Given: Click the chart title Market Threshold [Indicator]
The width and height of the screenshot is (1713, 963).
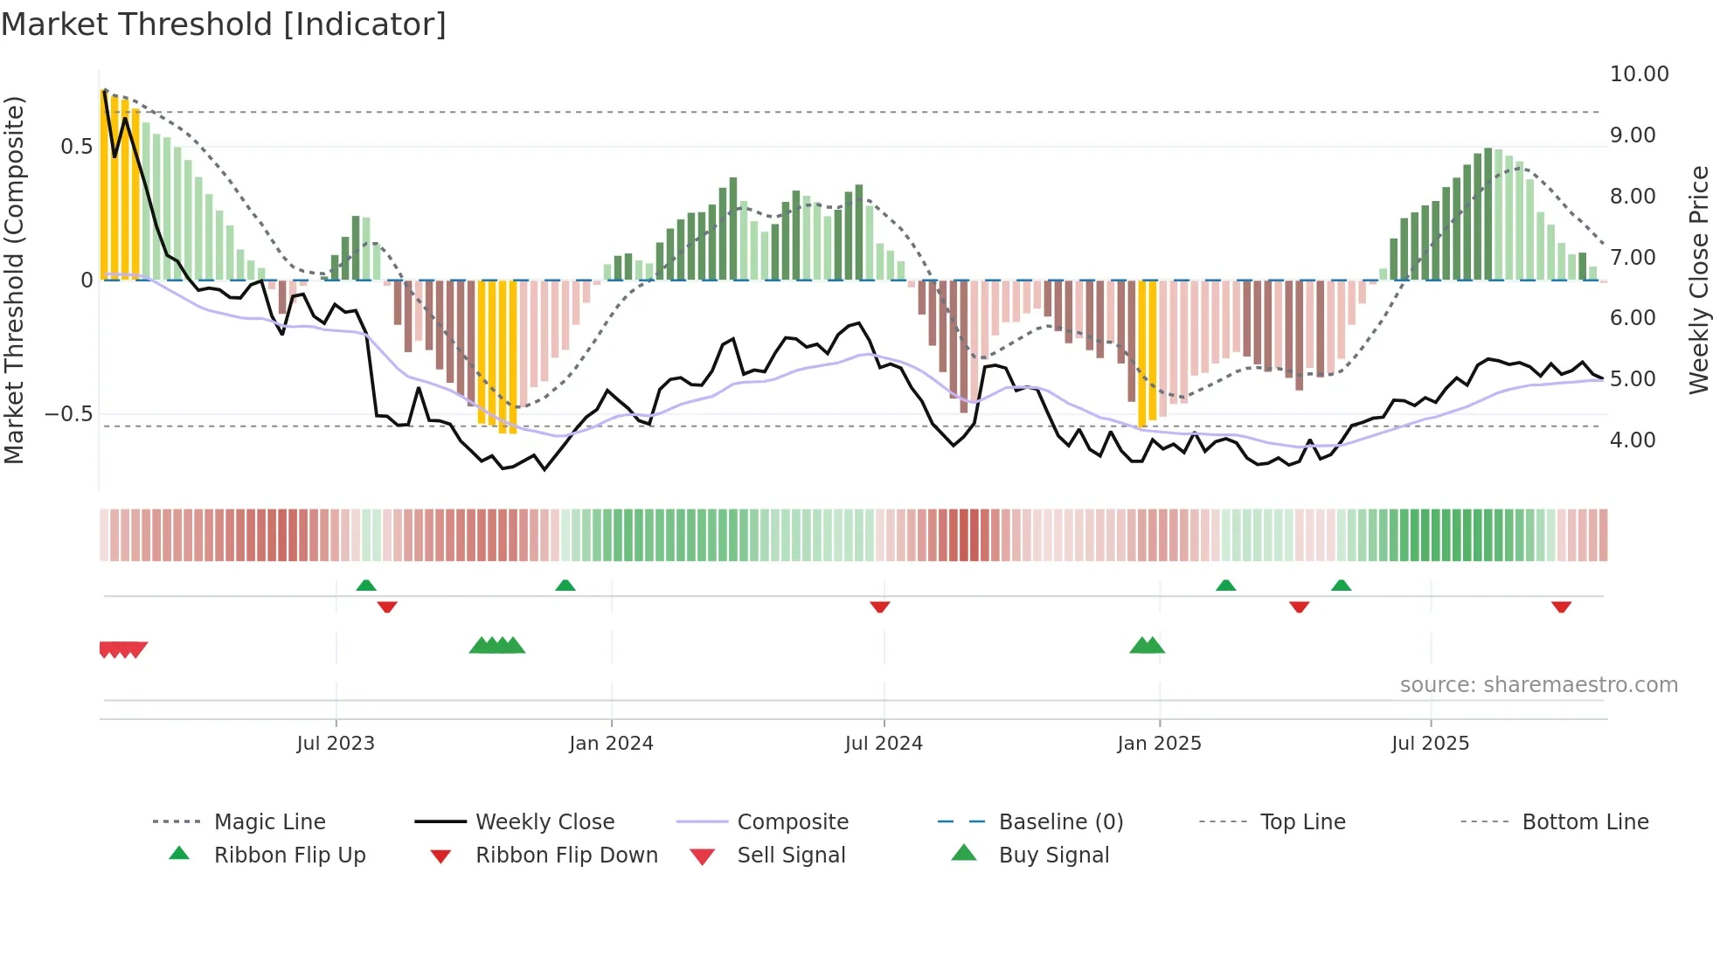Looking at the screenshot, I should (x=224, y=24).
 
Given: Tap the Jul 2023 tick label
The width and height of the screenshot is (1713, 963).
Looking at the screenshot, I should (x=336, y=744).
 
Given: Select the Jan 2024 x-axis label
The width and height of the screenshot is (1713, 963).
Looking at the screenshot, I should (x=611, y=744).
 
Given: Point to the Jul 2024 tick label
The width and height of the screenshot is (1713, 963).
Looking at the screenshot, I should (x=884, y=744).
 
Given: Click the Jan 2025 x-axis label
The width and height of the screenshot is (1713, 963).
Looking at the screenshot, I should (x=1159, y=744).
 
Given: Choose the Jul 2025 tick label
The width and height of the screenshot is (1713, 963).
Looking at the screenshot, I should (x=1430, y=744).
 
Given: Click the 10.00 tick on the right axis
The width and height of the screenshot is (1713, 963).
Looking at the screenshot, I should (x=1639, y=74).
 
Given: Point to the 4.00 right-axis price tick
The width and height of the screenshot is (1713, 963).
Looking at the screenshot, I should (x=1633, y=440).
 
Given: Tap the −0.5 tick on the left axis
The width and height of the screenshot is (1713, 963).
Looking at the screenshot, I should (x=69, y=414).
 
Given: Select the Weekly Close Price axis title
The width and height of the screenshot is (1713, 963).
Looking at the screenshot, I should (x=1698, y=280).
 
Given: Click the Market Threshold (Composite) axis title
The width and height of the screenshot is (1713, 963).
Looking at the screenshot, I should (x=14, y=280).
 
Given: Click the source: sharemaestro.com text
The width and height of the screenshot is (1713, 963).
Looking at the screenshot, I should (x=1538, y=685).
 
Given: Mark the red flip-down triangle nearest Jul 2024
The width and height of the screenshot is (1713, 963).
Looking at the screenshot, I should (x=880, y=606).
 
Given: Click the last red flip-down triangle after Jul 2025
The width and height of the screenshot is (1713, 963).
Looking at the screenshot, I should (x=1561, y=606).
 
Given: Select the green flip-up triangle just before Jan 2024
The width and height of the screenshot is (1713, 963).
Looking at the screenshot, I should (x=565, y=585).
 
